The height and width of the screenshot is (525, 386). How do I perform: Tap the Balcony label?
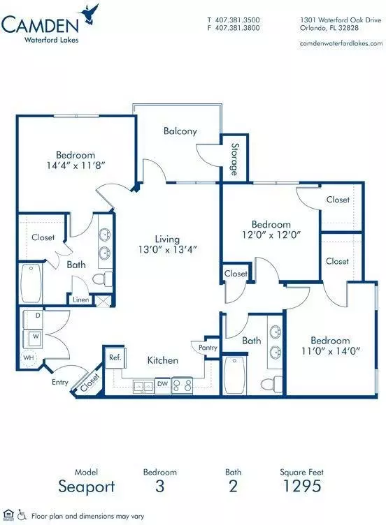click(x=180, y=131)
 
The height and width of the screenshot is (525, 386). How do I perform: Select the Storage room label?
click(x=234, y=159)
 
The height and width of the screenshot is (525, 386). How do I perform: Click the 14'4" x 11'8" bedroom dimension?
click(x=76, y=165)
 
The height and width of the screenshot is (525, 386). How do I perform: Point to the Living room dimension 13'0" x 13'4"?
click(x=167, y=249)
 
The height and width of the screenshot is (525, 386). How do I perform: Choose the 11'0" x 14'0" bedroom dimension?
click(x=331, y=351)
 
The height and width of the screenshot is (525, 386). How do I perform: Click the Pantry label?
click(x=208, y=348)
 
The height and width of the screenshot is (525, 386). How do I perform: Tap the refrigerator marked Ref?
click(x=115, y=358)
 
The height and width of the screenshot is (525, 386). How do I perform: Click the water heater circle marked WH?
click(x=29, y=357)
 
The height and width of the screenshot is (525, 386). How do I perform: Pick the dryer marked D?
click(x=33, y=319)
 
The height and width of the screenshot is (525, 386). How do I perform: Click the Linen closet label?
click(x=81, y=300)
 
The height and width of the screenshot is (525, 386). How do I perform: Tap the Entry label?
click(x=60, y=382)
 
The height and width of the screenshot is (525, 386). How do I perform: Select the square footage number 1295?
click(x=303, y=486)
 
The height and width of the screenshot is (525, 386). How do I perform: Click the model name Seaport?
click(x=87, y=487)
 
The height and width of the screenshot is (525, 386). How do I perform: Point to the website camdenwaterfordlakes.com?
click(x=341, y=43)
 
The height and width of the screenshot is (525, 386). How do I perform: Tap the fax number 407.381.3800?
click(x=237, y=28)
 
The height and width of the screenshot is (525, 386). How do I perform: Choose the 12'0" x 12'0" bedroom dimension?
click(x=271, y=235)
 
